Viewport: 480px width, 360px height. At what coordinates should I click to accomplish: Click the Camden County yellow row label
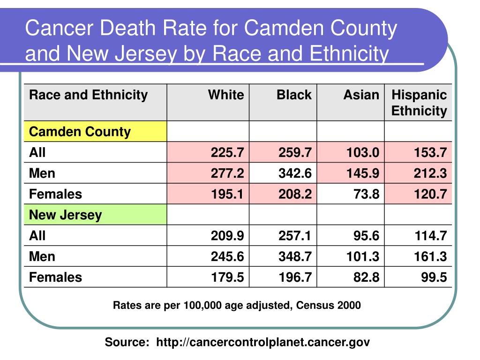coord(80,132)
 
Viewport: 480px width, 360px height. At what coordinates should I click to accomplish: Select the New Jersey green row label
coord(66,215)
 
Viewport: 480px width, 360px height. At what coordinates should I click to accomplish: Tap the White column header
coord(226,95)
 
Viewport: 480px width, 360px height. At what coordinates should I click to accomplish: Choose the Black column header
coord(294,95)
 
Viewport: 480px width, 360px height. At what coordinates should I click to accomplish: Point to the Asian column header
coord(361,95)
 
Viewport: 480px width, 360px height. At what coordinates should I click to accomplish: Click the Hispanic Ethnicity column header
coord(419,103)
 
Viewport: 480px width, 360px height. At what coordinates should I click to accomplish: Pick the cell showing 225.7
coord(227,152)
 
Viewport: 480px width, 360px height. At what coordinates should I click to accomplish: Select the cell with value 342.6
coord(295,173)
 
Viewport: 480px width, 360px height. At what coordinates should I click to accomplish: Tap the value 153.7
coord(430,152)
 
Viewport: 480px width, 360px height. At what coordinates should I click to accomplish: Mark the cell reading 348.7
coord(295,256)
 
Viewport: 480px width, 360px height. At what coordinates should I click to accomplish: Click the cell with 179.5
coord(227,277)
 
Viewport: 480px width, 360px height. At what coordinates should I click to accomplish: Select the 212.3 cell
coord(430,173)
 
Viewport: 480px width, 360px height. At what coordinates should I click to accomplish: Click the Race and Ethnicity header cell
coord(88,95)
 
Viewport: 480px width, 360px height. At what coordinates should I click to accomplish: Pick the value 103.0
coord(362,152)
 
